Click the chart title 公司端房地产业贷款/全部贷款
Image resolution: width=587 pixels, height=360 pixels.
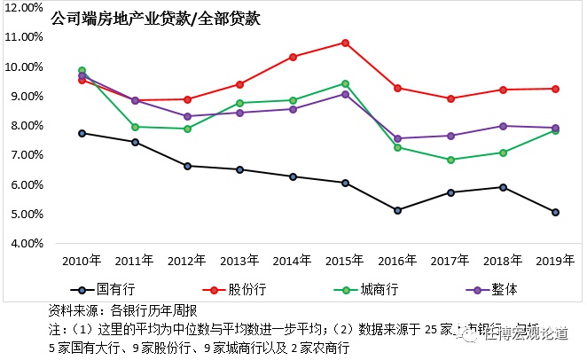(x=155, y=19)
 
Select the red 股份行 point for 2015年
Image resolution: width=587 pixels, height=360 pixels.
(x=345, y=43)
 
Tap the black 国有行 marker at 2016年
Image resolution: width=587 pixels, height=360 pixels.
(x=397, y=210)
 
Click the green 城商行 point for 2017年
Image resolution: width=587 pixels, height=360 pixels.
(x=450, y=160)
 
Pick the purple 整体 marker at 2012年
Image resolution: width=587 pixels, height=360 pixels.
(x=187, y=116)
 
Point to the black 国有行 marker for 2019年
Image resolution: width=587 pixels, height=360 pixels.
(x=555, y=212)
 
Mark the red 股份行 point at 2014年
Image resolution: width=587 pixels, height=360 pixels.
(x=293, y=57)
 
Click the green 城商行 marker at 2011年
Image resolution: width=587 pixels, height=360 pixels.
(x=135, y=127)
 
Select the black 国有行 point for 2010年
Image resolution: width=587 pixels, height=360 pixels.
(x=82, y=133)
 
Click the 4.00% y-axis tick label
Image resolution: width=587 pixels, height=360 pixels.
(x=27, y=243)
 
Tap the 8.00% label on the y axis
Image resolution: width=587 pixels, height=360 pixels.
(x=27, y=126)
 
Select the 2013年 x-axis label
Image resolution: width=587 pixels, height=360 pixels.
(x=239, y=262)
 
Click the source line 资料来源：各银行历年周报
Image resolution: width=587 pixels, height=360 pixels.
(x=121, y=310)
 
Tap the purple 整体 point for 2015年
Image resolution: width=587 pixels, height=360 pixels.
(x=345, y=94)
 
